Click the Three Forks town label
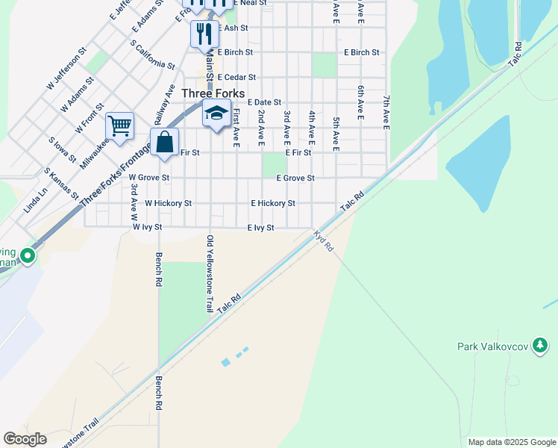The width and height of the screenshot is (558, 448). click(x=213, y=93)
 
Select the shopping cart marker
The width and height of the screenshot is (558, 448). click(x=119, y=126)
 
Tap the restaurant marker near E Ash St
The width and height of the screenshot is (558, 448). click(x=204, y=34)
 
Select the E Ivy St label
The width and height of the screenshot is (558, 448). click(x=261, y=228)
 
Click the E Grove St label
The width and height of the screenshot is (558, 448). click(x=295, y=178)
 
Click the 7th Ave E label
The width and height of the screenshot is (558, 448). click(x=386, y=113)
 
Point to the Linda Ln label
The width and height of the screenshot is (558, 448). click(x=35, y=200)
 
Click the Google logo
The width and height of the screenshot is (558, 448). click(x=25, y=439)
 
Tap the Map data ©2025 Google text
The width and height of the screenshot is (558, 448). click(x=511, y=442)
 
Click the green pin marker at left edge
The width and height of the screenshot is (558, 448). click(x=28, y=257)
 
